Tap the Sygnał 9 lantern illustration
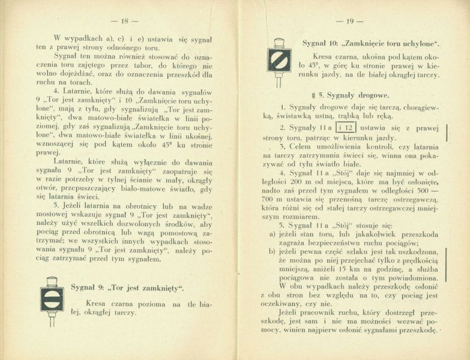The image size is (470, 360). (x=52, y=300)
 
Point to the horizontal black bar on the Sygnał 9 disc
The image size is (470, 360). (x=52, y=299)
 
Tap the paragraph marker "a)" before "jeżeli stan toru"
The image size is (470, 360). (x=273, y=233)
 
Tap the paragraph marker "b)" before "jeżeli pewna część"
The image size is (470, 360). (x=273, y=251)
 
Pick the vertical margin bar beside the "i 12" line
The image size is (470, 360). (x=447, y=132)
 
